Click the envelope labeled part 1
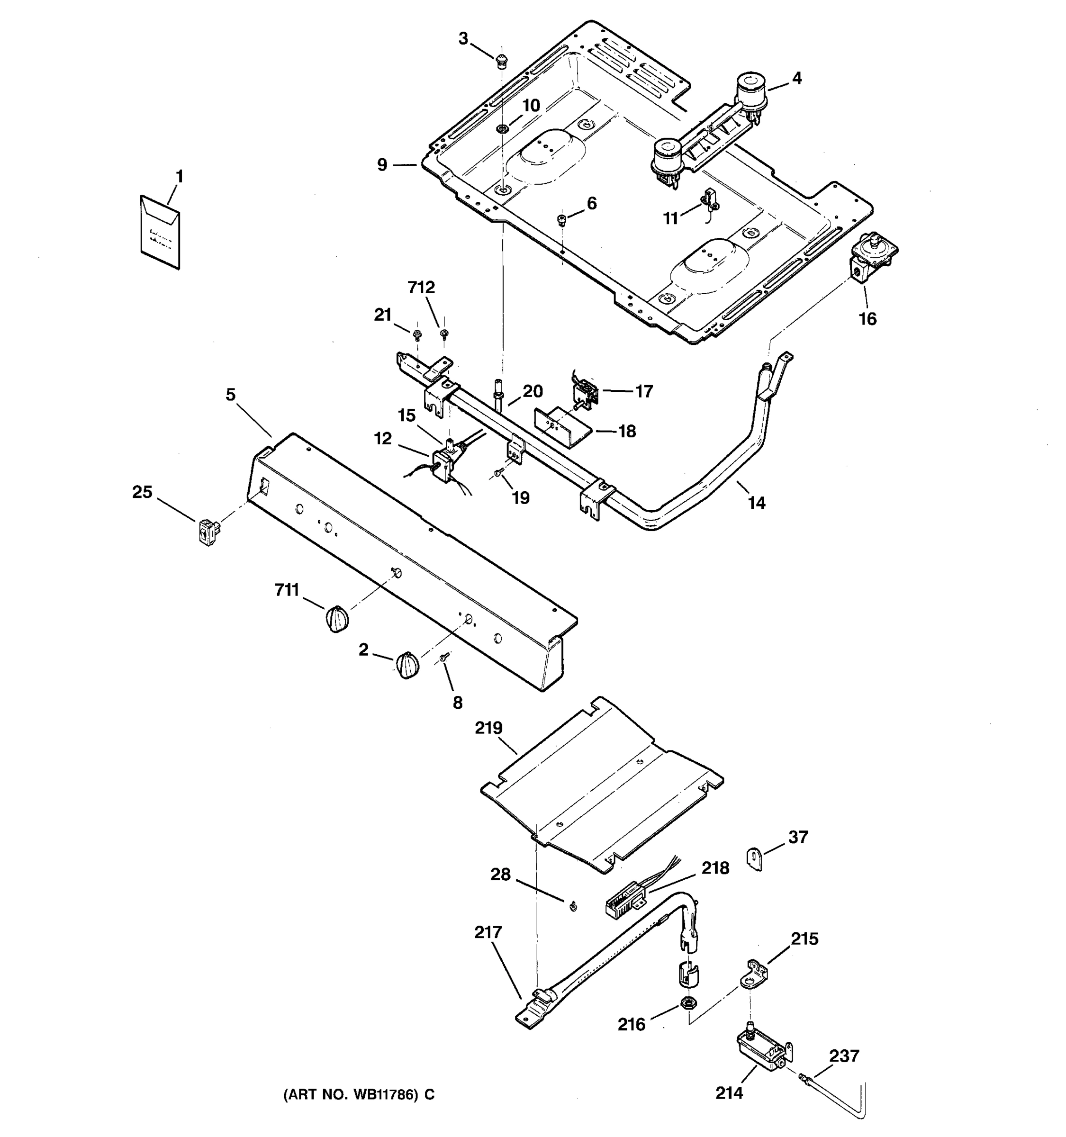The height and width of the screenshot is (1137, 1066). tap(160, 232)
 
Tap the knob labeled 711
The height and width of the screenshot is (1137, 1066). tap(337, 619)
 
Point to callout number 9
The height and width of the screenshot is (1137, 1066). tap(382, 165)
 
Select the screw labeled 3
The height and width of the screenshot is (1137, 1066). tap(502, 60)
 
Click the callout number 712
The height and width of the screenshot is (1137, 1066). tap(422, 288)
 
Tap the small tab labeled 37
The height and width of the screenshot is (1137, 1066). tap(755, 858)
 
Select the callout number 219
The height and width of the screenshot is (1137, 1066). tap(489, 728)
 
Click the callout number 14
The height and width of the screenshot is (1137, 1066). tap(756, 503)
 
